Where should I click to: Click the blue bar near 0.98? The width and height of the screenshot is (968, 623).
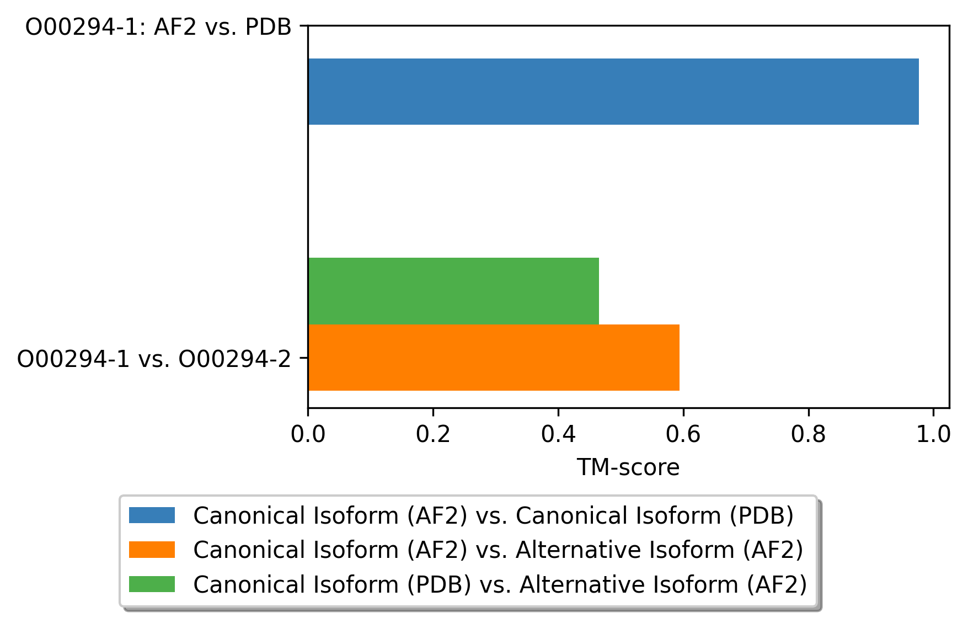pyautogui.click(x=612, y=92)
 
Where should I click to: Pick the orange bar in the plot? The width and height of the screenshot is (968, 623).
pyautogui.click(x=493, y=358)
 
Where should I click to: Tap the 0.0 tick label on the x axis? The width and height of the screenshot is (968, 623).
pyautogui.click(x=308, y=434)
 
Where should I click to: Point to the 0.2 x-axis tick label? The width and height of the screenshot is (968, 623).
pyautogui.click(x=433, y=434)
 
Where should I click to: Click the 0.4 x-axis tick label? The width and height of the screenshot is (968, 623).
pyautogui.click(x=558, y=434)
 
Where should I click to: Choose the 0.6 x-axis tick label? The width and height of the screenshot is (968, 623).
pyautogui.click(x=683, y=434)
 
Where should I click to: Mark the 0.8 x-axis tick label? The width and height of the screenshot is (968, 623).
pyautogui.click(x=808, y=434)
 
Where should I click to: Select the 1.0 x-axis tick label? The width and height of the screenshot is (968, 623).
pyautogui.click(x=933, y=434)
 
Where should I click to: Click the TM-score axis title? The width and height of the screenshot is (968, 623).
pyautogui.click(x=628, y=467)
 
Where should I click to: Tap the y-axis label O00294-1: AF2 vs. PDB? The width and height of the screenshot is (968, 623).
pyautogui.click(x=158, y=27)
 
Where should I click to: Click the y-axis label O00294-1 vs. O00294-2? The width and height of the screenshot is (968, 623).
pyautogui.click(x=154, y=359)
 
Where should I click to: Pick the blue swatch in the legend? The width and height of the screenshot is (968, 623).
pyautogui.click(x=152, y=515)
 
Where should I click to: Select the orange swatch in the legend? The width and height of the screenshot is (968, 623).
pyautogui.click(x=152, y=550)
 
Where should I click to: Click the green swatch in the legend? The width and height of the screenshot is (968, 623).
pyautogui.click(x=152, y=584)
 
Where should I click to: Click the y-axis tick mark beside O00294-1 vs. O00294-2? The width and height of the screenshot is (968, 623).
pyautogui.click(x=304, y=358)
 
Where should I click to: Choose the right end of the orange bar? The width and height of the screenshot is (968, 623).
pyautogui.click(x=678, y=358)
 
